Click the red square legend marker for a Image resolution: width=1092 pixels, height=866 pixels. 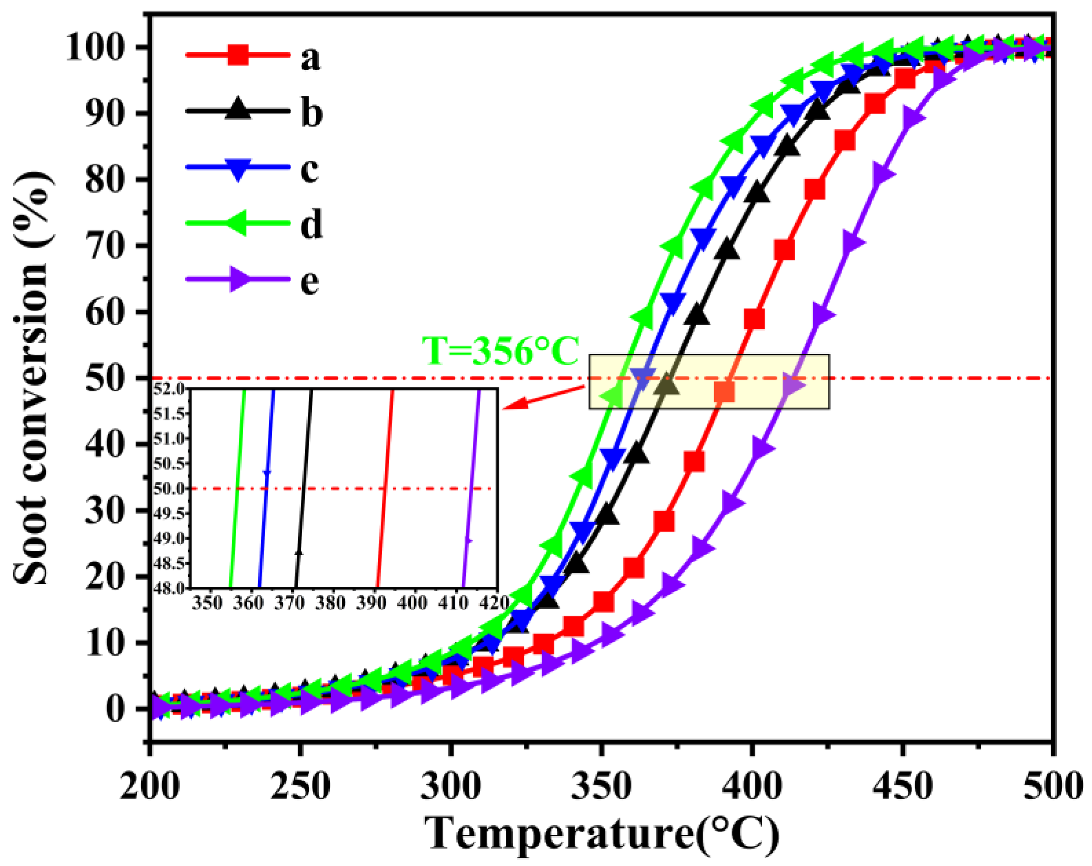pyautogui.click(x=238, y=54)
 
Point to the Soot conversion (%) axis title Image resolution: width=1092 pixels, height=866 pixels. pyautogui.click(x=31, y=377)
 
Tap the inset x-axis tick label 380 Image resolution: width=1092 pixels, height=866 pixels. pyautogui.click(x=330, y=603)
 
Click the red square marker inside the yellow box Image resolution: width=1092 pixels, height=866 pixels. pyautogui.click(x=724, y=392)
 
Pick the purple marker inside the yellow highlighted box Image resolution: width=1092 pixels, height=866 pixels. pyautogui.click(x=792, y=386)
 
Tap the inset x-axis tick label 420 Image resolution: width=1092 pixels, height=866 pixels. pyautogui.click(x=494, y=603)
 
